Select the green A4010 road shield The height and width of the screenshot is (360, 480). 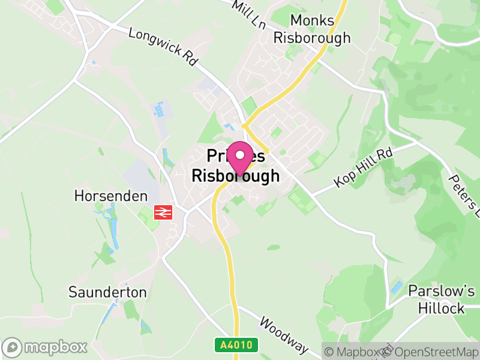click(236, 345)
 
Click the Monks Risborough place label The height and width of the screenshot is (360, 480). click(312, 29)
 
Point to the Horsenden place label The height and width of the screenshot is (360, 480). click(111, 196)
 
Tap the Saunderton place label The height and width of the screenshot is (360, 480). click(107, 292)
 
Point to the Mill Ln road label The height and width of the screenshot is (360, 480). click(249, 12)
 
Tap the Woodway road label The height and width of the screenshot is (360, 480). click(283, 335)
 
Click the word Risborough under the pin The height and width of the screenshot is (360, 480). click(235, 176)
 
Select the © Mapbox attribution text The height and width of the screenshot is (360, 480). click(353, 352)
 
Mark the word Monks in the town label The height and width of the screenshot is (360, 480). click(312, 20)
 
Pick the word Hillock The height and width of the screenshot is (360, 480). click(442, 308)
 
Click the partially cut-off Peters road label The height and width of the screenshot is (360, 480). click(464, 196)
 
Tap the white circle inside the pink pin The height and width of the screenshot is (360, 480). click(240, 155)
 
